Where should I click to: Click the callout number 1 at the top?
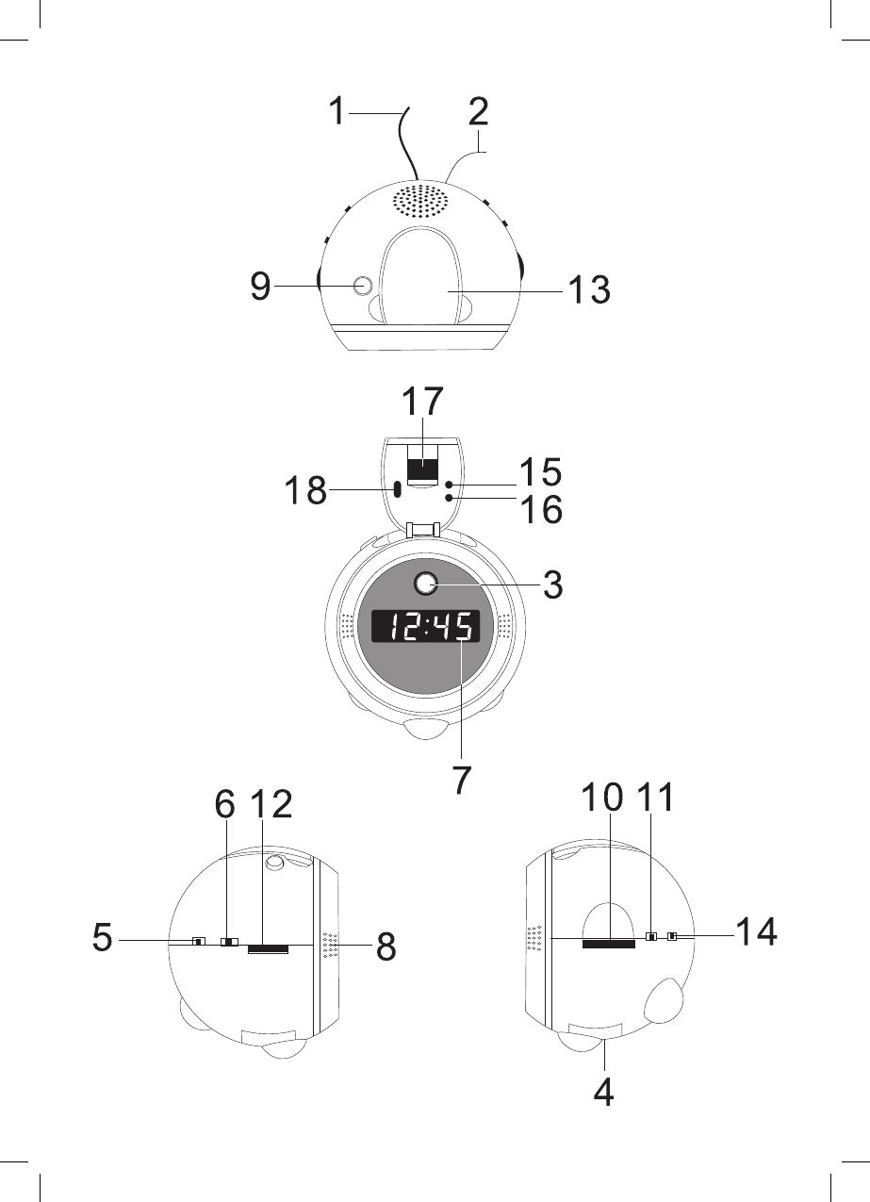(x=337, y=111)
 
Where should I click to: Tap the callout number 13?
(x=589, y=289)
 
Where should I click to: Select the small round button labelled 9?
(x=363, y=286)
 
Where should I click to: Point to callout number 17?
(x=422, y=401)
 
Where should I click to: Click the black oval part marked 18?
(x=398, y=489)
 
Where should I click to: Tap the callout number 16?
(x=541, y=509)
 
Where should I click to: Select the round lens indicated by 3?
(x=426, y=584)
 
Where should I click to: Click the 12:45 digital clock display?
(x=425, y=626)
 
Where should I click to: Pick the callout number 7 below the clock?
(x=461, y=780)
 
